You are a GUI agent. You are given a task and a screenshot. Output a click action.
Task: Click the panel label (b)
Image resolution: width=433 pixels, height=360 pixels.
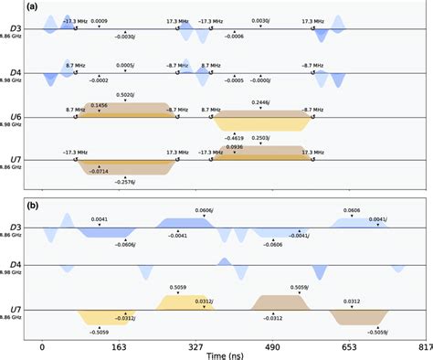coord(7,192)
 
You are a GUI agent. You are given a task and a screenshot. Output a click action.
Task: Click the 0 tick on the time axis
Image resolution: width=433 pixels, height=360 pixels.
coord(43,347)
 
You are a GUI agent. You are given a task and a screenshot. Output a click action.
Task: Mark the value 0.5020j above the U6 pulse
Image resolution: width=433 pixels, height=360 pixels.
coord(126,94)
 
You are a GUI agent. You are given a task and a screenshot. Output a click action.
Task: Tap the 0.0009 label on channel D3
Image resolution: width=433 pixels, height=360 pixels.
coord(99,20)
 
